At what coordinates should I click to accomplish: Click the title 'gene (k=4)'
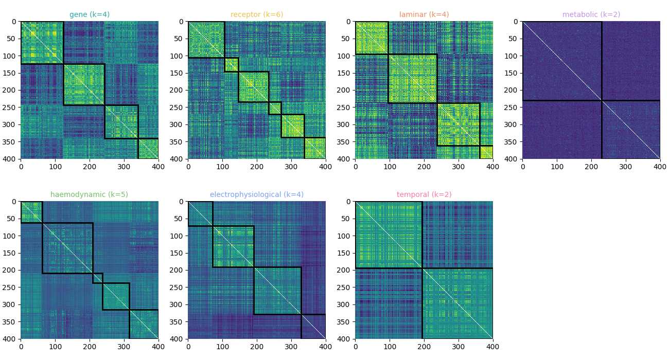90,14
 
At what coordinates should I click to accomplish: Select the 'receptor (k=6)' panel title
257,14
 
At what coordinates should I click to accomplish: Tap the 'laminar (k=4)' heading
424,14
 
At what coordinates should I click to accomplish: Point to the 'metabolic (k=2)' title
591,14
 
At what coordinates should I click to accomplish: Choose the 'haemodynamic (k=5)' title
90,194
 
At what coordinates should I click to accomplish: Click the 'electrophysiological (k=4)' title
257,194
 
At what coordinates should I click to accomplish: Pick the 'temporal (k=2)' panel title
424,194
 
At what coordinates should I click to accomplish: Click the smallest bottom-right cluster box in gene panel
148,149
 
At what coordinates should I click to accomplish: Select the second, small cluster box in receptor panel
231,65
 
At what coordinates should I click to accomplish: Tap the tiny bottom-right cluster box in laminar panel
486,152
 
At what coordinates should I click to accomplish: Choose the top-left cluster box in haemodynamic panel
31,212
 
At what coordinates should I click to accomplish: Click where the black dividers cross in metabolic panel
602,100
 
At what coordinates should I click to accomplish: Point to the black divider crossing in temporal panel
422,268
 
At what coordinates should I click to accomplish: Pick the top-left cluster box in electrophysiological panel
200,213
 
